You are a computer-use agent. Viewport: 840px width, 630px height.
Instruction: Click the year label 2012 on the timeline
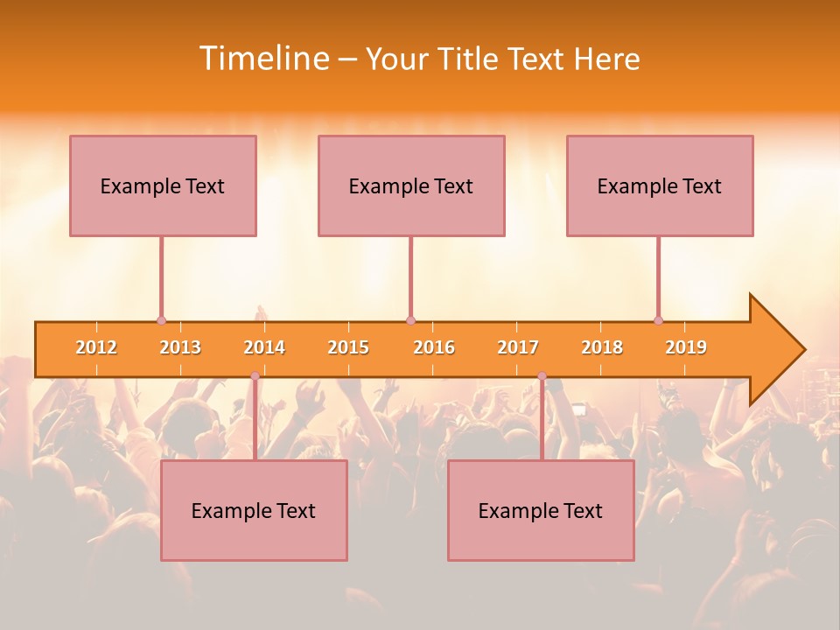pos(96,347)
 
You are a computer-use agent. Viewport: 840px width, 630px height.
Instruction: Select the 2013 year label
pos(180,347)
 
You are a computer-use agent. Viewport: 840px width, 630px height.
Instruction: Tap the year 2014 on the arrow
pos(264,347)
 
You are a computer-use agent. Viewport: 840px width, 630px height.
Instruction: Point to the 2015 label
pos(348,347)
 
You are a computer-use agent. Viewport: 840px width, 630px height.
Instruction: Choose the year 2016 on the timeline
pos(434,347)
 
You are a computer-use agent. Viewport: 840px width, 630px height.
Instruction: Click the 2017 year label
pos(518,347)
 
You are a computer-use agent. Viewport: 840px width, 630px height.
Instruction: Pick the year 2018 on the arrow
pos(602,347)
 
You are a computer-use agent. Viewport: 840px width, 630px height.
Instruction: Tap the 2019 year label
pos(686,347)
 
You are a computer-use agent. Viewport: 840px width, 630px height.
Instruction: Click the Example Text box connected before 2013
pos(163,185)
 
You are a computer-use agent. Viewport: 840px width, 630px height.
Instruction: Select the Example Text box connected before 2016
pos(411,185)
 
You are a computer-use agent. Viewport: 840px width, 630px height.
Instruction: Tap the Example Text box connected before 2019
pos(660,185)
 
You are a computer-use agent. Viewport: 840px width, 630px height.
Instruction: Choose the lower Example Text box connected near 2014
pos(254,510)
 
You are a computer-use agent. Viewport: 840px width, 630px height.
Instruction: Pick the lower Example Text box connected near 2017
pos(541,510)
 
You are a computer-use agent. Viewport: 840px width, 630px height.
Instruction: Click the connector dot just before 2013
pos(161,321)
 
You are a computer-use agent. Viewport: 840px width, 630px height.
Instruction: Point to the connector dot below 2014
pos(255,376)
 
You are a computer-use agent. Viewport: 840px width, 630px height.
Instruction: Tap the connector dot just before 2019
pos(658,321)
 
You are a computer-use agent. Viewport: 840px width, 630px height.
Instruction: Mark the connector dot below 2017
pos(542,376)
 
